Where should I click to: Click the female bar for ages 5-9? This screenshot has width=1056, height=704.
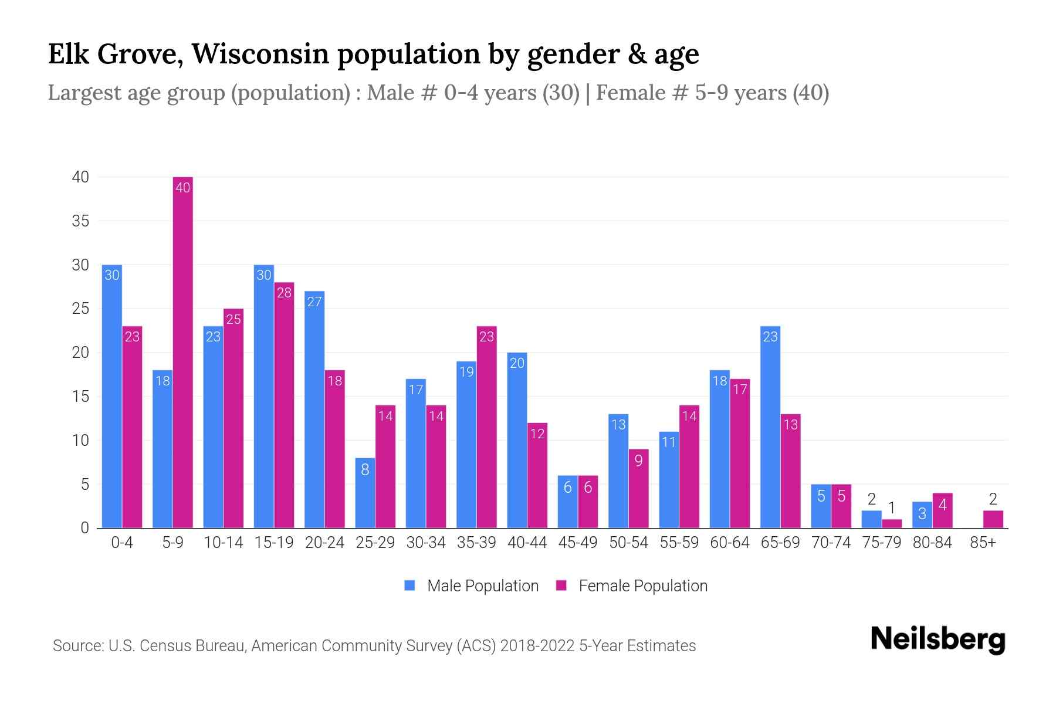183,352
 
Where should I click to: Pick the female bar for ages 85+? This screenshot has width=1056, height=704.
993,519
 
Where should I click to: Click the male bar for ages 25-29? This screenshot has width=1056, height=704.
365,493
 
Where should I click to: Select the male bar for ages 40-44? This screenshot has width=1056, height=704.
517,440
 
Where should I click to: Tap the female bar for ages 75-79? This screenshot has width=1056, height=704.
892,523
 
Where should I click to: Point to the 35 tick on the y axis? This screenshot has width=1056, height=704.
80,221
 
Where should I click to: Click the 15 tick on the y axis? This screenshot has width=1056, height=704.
80,397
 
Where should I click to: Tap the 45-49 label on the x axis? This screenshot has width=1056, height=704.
577,543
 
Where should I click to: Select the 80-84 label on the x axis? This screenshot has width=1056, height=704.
932,543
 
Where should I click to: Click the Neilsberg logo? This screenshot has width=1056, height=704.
937,639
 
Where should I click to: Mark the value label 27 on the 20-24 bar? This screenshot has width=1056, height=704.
314,302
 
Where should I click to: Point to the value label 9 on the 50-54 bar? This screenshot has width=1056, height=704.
638,461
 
